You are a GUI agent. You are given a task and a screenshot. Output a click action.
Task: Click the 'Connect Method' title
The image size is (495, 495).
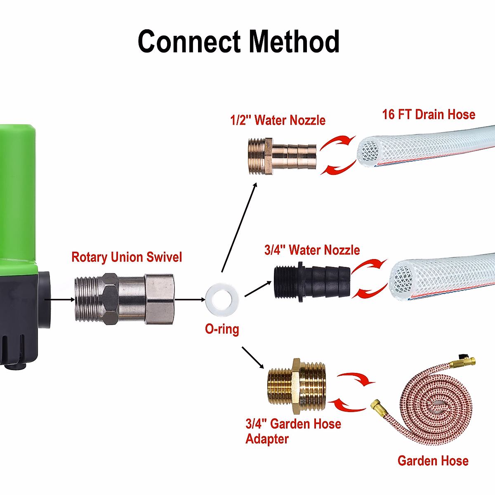click(x=238, y=42)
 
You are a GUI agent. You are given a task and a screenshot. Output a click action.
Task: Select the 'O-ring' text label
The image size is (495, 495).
click(x=222, y=329)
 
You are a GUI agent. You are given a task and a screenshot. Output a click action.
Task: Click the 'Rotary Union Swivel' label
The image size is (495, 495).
click(x=127, y=257)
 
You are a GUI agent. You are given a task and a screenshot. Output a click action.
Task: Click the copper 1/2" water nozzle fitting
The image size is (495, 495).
click(x=283, y=157)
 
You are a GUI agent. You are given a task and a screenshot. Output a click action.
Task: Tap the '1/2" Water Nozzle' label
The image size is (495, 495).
click(x=278, y=120)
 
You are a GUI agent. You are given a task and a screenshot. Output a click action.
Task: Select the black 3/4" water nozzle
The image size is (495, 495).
click(x=312, y=282)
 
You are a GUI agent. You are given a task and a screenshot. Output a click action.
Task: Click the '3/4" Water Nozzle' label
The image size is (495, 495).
click(x=312, y=250)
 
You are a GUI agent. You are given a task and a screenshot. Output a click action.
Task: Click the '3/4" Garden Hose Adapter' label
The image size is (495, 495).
click(x=293, y=431)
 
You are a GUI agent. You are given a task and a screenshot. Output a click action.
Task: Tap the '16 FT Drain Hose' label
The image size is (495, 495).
click(x=429, y=114)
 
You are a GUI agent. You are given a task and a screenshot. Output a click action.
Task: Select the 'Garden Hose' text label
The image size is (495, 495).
click(x=433, y=461)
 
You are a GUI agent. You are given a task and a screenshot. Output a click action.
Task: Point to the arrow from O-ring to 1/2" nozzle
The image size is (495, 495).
click(x=239, y=227)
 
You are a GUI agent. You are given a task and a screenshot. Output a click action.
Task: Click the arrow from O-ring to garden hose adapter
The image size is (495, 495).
click(x=252, y=357)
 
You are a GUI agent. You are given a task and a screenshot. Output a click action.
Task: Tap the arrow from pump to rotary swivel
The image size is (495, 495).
click(x=58, y=299)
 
